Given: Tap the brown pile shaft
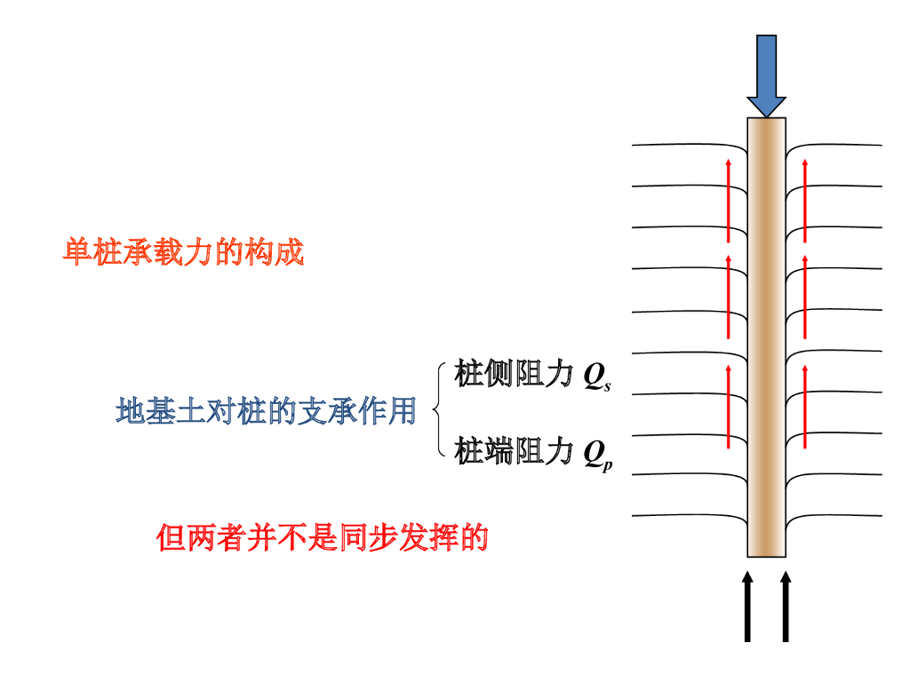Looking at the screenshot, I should click(x=767, y=337).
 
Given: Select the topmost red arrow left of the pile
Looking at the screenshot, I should click(x=729, y=200).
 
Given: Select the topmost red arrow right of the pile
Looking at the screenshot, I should click(x=805, y=200).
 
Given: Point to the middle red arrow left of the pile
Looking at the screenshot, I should click(x=729, y=297).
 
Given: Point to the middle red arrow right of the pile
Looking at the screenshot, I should click(x=805, y=297).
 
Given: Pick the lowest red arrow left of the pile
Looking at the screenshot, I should click(x=729, y=406).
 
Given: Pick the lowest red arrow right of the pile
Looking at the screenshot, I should click(x=805, y=406).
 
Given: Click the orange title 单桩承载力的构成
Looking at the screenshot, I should click(x=184, y=253).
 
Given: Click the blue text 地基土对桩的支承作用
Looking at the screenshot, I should click(x=266, y=411).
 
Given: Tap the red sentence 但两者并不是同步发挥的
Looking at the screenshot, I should click(x=323, y=537).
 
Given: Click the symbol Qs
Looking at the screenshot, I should click(x=596, y=377).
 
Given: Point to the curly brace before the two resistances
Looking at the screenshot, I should click(x=438, y=410).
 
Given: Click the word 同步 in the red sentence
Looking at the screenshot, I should click(x=368, y=537).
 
